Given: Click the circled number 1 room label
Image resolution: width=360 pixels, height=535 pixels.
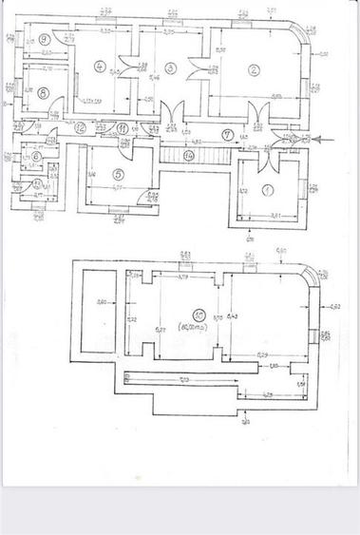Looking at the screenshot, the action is (268, 191).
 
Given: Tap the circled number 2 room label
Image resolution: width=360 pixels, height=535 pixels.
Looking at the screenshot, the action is (254, 68).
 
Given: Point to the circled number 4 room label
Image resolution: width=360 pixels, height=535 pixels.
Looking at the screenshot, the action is (100, 66).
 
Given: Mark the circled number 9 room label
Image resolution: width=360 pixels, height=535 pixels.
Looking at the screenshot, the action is (45, 40).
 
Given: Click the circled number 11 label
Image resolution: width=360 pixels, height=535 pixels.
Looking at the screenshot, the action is (123, 128).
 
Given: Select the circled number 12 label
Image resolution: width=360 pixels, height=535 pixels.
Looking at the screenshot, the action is (81, 126).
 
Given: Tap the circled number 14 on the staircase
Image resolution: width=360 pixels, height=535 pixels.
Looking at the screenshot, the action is (188, 153).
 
